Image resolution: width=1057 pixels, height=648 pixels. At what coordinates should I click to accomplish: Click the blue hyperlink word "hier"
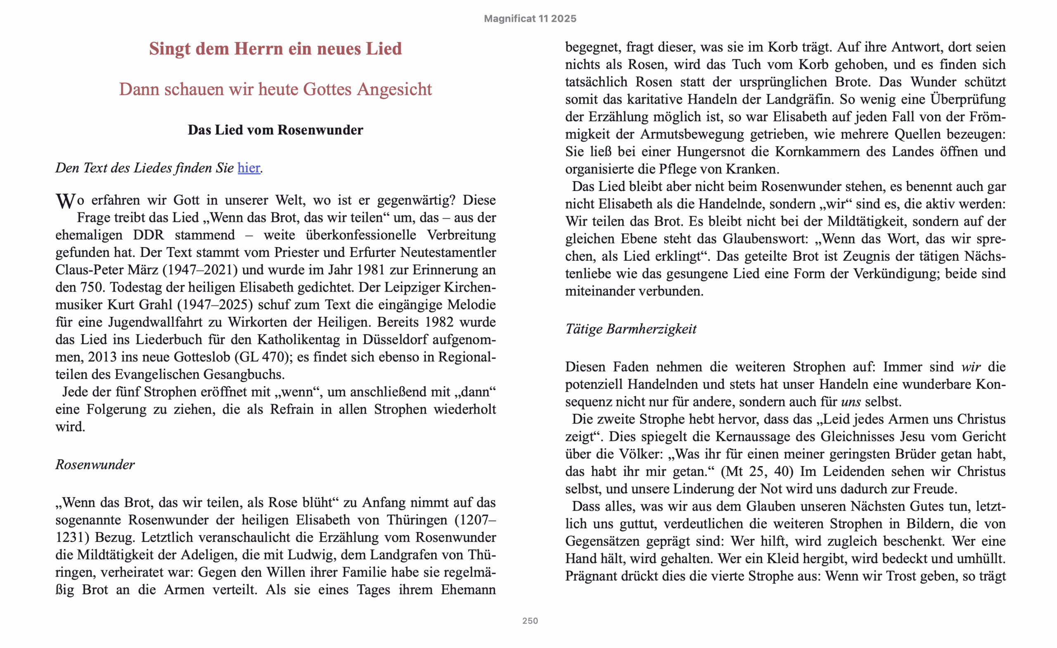[249, 168]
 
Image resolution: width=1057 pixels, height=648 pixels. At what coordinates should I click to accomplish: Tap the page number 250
[530, 621]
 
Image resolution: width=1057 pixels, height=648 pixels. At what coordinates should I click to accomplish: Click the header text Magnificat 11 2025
[530, 19]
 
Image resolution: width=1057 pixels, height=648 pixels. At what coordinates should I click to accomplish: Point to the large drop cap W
[66, 201]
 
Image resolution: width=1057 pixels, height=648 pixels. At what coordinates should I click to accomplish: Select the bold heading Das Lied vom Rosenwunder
[275, 130]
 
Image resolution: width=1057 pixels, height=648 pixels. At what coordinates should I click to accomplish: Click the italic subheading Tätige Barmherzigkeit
[630, 329]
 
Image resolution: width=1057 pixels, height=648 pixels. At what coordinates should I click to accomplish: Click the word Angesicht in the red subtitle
[395, 89]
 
